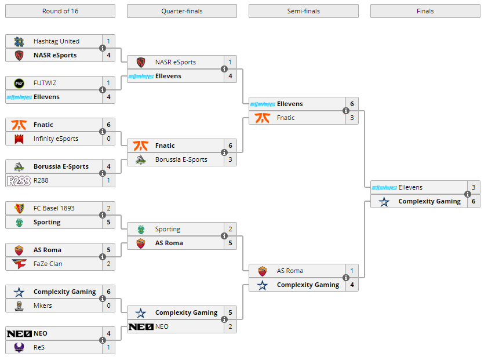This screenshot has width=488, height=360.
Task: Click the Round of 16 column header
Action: point(60,11)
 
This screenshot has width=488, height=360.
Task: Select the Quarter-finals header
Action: point(182,11)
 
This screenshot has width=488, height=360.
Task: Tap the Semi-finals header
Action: point(304,11)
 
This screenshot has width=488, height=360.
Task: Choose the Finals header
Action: point(425,11)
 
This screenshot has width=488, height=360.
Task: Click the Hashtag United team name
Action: point(56,41)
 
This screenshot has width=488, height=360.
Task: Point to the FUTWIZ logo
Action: point(19,83)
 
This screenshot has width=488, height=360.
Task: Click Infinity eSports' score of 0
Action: point(108,139)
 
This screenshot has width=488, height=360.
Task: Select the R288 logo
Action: point(19,181)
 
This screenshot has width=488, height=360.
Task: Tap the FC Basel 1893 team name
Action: point(54,208)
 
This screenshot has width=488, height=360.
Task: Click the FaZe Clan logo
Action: point(19,264)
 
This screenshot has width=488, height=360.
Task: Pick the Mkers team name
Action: point(43,306)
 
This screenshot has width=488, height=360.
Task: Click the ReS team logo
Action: point(19,347)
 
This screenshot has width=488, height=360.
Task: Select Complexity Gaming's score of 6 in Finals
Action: point(474,202)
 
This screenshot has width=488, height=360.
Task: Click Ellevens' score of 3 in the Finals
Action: point(474,187)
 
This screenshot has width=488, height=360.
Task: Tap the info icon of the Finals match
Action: point(468,194)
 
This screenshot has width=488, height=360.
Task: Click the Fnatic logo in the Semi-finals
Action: point(263,118)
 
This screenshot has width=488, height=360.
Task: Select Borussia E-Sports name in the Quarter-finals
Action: point(181,160)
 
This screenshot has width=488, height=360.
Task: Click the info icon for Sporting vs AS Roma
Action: point(224,236)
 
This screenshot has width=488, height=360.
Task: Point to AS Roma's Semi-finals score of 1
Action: point(352,271)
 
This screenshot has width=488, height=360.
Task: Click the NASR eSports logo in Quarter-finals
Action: point(141,62)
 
